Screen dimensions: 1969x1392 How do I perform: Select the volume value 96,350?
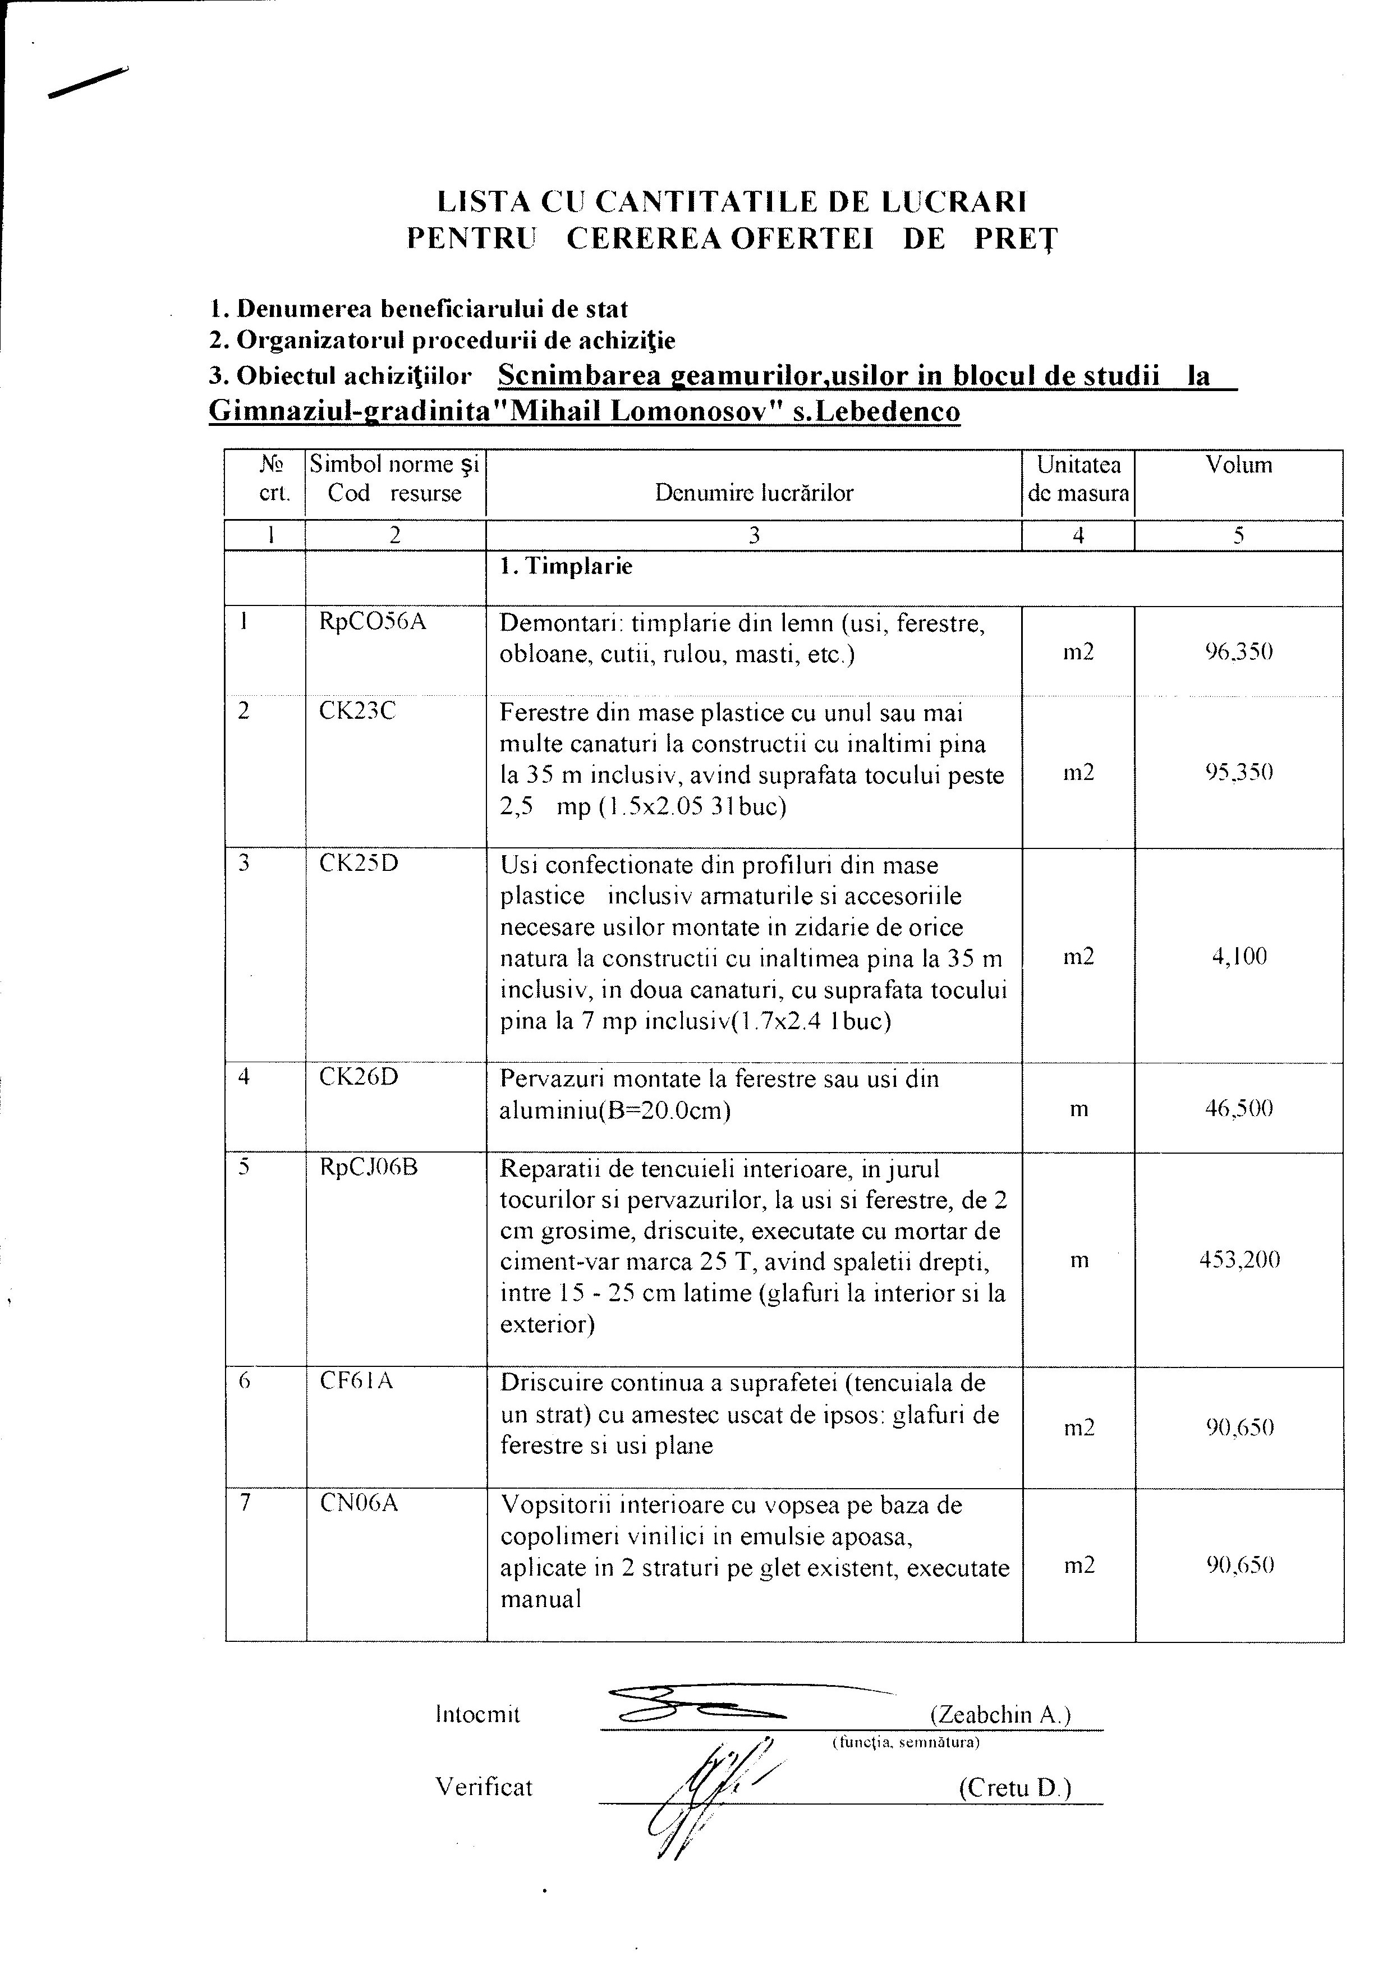point(1238,652)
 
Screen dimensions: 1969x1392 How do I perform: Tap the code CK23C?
point(357,711)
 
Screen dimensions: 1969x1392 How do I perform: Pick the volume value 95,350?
point(1238,772)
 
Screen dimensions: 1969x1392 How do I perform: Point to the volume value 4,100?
point(1238,956)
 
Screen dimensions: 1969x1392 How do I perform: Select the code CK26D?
point(359,1077)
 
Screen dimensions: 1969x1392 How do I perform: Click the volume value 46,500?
point(1238,1109)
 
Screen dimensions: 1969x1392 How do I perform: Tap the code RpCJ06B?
point(368,1167)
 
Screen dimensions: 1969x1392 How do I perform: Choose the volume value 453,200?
point(1238,1260)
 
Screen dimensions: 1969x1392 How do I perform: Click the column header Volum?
point(1238,466)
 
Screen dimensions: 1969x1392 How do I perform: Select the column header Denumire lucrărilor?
point(754,493)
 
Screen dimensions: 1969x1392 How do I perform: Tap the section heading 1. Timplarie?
point(567,567)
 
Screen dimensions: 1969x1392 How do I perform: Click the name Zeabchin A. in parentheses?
point(1000,1714)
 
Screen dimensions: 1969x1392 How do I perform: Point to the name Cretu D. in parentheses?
point(1014,1788)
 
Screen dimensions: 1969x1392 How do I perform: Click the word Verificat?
point(484,1787)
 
